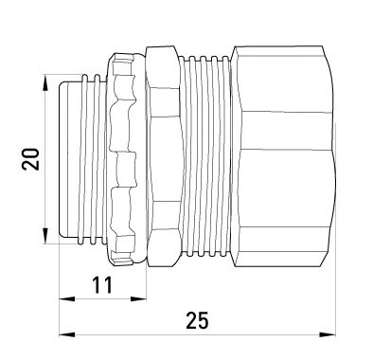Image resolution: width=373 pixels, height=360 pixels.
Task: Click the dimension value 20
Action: (30, 159)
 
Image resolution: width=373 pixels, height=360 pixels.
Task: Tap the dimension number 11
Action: (102, 284)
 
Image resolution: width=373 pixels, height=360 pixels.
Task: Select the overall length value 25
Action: (197, 320)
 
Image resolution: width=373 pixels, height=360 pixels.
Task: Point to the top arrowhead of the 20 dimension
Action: (45, 83)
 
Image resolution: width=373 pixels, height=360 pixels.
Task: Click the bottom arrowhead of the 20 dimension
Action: (45, 235)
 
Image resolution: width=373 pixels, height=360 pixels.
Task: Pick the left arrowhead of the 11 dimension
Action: (67, 298)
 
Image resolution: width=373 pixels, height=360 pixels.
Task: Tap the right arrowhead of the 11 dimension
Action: (138, 298)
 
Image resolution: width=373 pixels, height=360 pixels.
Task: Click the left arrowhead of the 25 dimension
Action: (67, 334)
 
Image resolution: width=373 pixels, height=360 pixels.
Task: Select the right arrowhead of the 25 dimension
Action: (328, 334)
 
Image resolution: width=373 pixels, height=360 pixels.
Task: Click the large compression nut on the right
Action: (282, 156)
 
